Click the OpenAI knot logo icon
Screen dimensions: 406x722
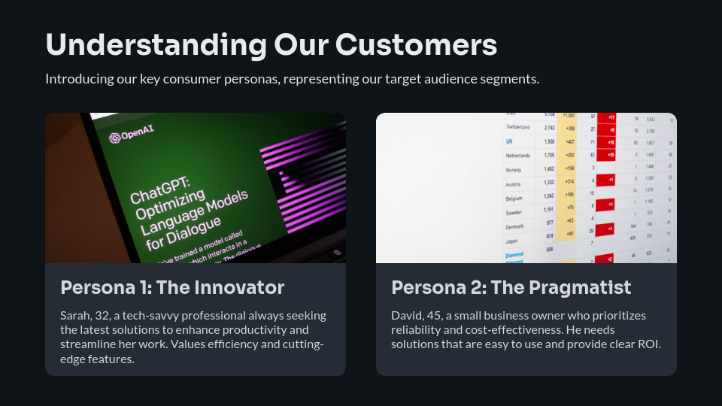115,138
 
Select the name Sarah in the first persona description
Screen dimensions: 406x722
74,315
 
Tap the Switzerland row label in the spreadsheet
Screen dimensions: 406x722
518,127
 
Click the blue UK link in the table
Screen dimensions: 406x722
510,141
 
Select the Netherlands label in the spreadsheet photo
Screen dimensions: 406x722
518,156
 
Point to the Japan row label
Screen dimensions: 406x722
512,241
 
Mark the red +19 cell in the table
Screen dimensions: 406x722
611,156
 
